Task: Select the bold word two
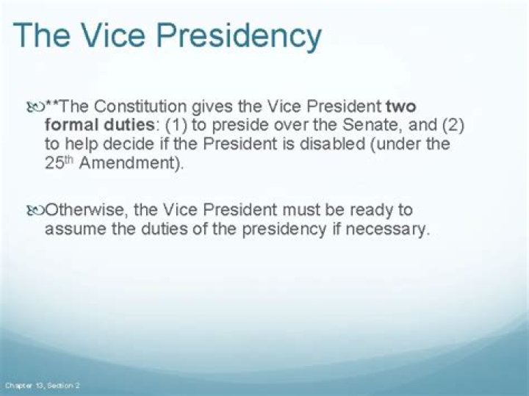click(x=400, y=106)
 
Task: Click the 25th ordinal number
click(x=58, y=162)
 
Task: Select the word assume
click(x=73, y=229)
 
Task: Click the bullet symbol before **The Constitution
click(x=35, y=107)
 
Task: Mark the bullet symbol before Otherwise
click(x=35, y=211)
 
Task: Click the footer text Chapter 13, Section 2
click(x=43, y=385)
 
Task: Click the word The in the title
click(x=44, y=35)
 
